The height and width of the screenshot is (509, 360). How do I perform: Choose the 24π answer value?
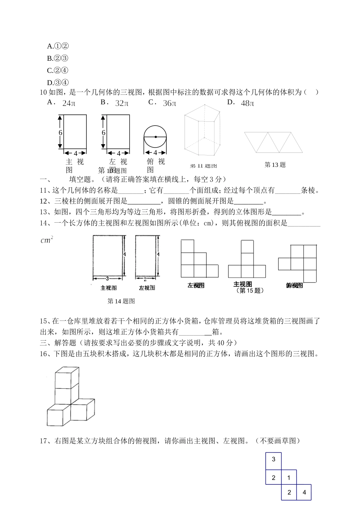[69, 103]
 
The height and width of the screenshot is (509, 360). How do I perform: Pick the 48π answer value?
[247, 103]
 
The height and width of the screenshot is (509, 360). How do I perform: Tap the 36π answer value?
[169, 103]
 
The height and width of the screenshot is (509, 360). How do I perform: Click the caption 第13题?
[275, 165]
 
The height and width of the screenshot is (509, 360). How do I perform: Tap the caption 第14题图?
[121, 301]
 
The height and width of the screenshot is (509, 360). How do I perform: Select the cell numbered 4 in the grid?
[304, 493]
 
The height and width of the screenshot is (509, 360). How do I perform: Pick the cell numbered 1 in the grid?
[289, 478]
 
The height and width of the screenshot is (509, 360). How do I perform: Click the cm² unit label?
[47, 240]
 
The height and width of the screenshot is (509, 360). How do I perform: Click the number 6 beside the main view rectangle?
[60, 133]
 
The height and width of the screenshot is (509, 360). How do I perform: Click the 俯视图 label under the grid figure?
[294, 286]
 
